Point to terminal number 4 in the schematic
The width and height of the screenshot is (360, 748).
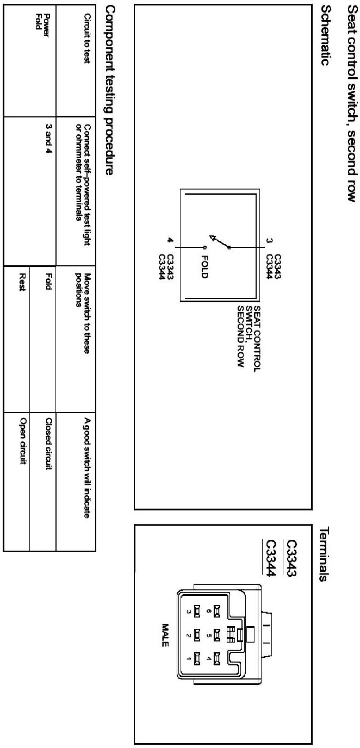point(170,240)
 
